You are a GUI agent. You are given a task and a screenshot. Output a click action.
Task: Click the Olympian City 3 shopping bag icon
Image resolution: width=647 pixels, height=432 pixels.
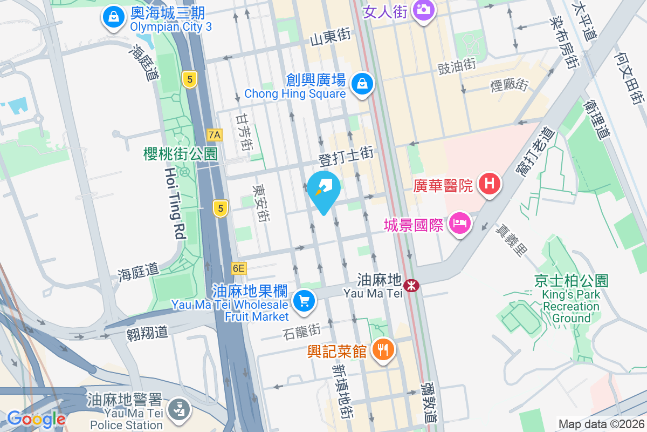[114, 17]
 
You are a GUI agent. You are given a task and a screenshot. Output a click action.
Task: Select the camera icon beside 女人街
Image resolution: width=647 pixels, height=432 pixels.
[424, 9]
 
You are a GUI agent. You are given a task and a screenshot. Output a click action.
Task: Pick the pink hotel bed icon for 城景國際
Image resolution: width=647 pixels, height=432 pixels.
[459, 222]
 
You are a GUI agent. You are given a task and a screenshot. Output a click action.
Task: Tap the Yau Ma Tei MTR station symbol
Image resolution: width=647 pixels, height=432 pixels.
[411, 285]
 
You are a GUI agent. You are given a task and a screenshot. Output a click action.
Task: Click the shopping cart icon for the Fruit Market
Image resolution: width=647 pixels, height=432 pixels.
[304, 300]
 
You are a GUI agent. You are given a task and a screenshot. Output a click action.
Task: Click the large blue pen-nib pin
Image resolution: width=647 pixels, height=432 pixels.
[324, 188]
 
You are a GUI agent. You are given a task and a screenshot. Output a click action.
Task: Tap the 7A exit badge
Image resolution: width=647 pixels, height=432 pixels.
[215, 134]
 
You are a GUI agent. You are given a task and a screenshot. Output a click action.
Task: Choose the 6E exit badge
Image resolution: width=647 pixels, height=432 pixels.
[238, 268]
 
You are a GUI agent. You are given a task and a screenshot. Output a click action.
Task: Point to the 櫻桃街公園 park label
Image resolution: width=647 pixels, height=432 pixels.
[180, 154]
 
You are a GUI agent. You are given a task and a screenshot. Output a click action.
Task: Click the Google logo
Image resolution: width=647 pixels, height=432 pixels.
[36, 418]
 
